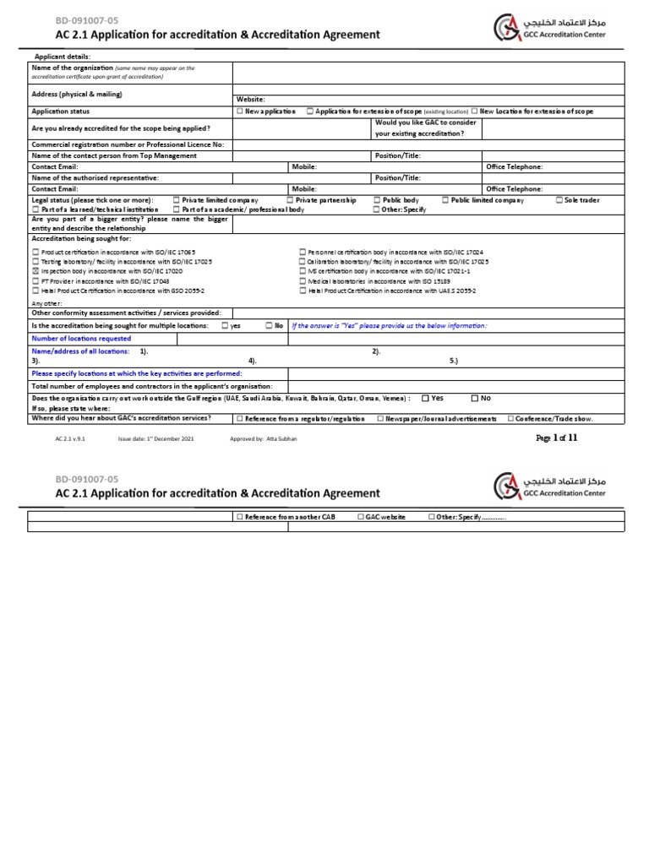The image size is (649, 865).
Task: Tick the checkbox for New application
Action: (x=241, y=112)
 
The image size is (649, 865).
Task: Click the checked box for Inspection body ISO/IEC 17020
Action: (x=35, y=271)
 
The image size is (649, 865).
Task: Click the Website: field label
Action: (x=251, y=99)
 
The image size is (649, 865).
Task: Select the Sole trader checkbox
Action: (x=559, y=200)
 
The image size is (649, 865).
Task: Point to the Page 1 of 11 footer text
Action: (x=557, y=438)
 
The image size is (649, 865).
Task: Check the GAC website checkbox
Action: (x=360, y=516)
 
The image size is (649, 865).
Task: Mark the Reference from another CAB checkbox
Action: (x=240, y=516)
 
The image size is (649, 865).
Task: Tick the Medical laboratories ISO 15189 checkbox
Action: (x=303, y=280)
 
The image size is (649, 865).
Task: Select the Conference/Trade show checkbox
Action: (x=510, y=418)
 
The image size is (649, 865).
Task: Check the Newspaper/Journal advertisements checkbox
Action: (x=381, y=418)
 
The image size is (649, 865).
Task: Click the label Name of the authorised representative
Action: (x=95, y=178)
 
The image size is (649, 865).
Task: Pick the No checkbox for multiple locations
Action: (x=268, y=325)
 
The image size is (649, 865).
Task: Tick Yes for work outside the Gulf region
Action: (x=425, y=398)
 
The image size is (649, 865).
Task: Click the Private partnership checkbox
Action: (x=290, y=200)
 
